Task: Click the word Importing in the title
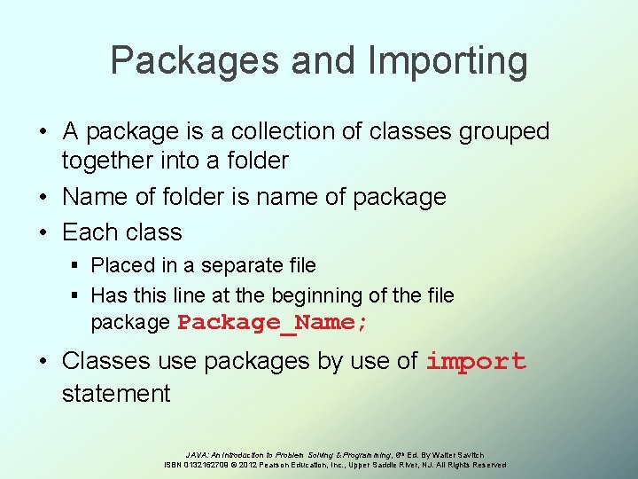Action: click(x=447, y=61)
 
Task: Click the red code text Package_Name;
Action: click(x=273, y=323)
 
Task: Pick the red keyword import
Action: click(x=476, y=362)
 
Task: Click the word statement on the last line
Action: click(x=115, y=393)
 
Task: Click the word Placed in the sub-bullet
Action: click(x=120, y=265)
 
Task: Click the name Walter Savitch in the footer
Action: click(x=457, y=455)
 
